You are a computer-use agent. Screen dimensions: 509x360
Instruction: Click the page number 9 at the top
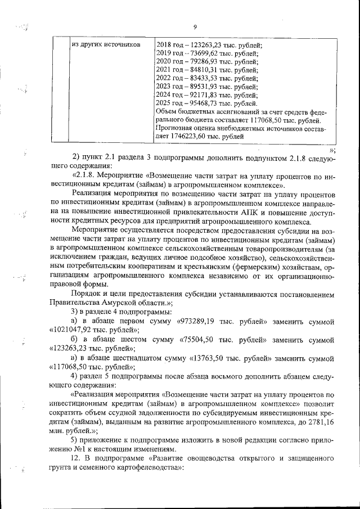(195, 27)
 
